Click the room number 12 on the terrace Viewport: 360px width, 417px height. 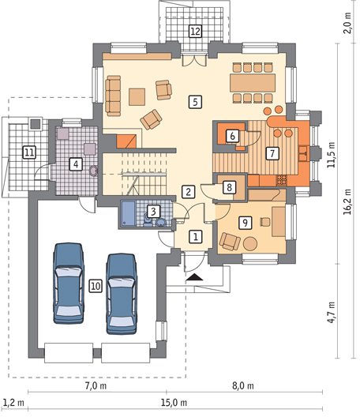[195, 31]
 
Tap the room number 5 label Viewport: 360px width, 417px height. [195, 102]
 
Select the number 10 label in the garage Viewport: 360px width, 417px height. [96, 286]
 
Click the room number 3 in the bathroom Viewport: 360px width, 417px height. [153, 212]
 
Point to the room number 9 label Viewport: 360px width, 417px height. [246, 223]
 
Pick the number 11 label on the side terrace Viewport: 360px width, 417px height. [29, 152]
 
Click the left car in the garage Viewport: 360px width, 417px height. [69, 283]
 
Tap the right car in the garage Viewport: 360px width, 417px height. [122, 294]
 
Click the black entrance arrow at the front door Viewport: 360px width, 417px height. [195, 277]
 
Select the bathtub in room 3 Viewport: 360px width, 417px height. [129, 213]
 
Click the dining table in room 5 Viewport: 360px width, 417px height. [253, 83]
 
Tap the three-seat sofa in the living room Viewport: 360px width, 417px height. [113, 96]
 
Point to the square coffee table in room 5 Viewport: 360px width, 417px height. [137, 97]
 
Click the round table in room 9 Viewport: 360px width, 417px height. [250, 243]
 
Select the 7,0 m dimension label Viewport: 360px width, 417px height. [96, 385]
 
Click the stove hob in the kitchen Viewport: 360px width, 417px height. [282, 180]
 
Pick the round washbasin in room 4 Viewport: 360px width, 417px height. [93, 171]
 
